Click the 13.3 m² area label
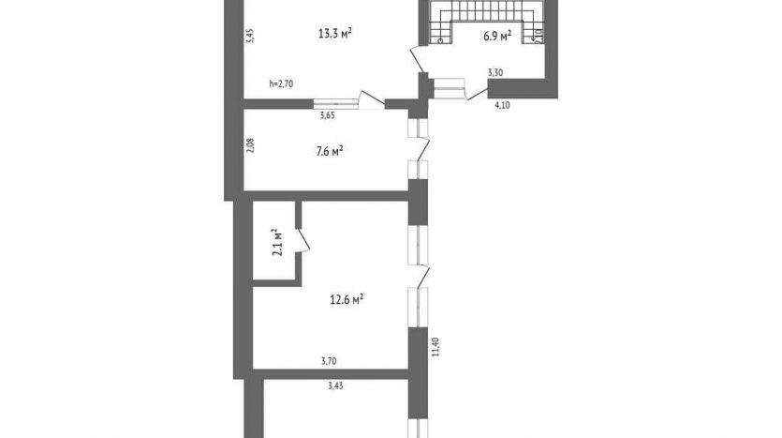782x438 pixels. click(335, 34)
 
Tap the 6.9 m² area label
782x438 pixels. click(497, 36)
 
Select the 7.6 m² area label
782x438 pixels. click(330, 151)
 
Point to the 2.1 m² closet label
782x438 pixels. click(277, 242)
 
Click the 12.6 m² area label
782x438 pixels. click(347, 299)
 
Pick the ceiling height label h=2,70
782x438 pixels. click(281, 83)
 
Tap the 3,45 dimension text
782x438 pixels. click(251, 36)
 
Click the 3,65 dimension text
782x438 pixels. click(327, 115)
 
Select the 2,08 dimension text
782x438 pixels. click(250, 145)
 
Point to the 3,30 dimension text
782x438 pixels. click(495, 72)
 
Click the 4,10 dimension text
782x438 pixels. click(502, 105)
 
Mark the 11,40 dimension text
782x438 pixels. click(435, 347)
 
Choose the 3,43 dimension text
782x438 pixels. click(335, 385)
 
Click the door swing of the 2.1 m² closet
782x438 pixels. click(303, 241)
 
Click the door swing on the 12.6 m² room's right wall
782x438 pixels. click(424, 276)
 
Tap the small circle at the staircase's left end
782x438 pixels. click(440, 41)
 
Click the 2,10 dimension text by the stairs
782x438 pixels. click(539, 37)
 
